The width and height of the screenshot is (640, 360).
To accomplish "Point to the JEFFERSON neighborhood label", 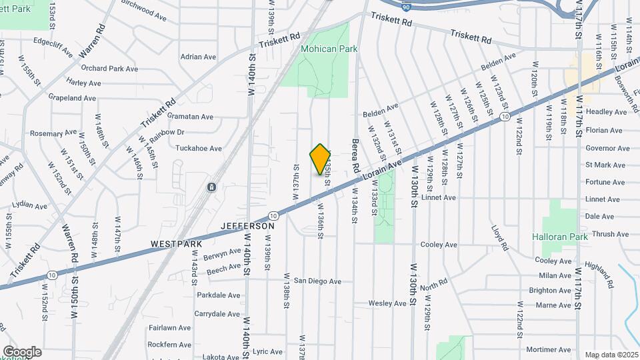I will point(249,227).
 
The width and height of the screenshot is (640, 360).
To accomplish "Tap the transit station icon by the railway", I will point(211,188).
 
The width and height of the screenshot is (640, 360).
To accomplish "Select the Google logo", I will point(22,352).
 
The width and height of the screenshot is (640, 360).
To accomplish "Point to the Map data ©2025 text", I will point(611,355).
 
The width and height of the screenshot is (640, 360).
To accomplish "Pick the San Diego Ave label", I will point(318,281).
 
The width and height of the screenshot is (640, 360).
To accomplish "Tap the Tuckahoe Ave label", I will point(198,148).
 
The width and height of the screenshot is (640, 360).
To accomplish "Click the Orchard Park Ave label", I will point(109,69).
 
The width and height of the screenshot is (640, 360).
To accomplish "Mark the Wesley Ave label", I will point(387,303).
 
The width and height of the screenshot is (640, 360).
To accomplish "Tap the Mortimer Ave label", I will point(548,349).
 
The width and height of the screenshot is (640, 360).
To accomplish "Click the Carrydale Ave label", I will point(212,313).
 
